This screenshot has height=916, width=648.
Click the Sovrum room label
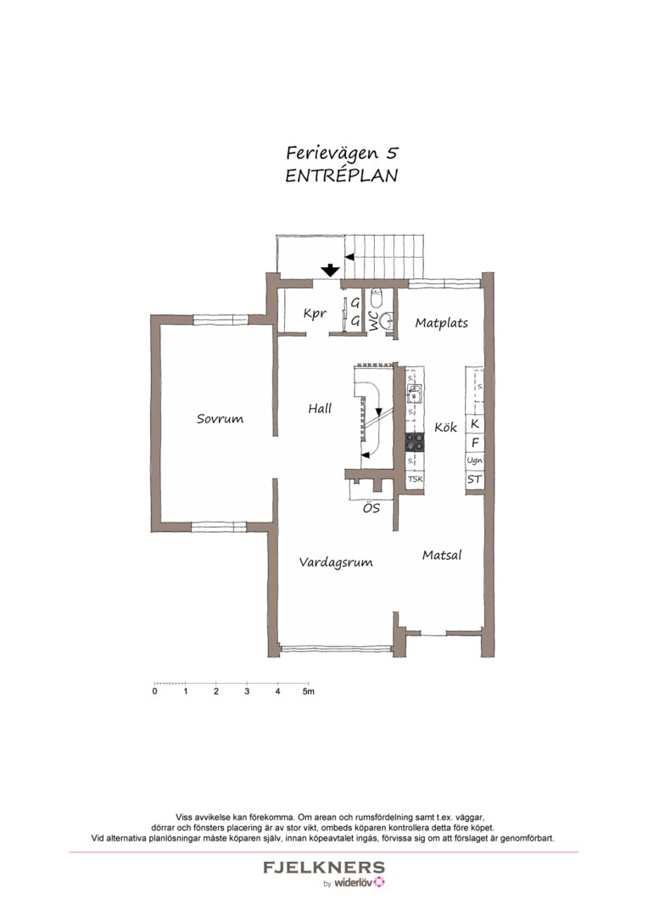pos(220,419)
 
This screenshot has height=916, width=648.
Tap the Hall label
pos(320,409)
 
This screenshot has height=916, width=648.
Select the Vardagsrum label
pos(336,561)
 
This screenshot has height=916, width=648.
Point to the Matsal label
pos(442,556)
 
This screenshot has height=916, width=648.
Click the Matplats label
pos(441,323)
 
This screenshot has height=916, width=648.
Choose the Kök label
pos(446,427)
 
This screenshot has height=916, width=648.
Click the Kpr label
pos(315,314)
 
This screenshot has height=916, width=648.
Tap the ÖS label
pos(371,509)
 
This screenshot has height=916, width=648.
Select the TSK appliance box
pos(415,480)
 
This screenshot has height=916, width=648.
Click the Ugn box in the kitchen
pos(474,461)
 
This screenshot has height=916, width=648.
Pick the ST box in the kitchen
pos(474,480)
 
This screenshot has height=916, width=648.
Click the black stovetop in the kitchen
pos(415,442)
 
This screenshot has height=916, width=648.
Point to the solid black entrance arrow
pos(329,271)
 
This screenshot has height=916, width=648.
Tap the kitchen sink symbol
pos(415,393)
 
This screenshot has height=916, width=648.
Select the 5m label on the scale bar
pos(309,692)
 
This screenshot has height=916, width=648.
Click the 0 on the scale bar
pos(154,692)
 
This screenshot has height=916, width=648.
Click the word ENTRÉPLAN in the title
pos(342,176)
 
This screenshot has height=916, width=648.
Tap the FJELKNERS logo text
pos(323,868)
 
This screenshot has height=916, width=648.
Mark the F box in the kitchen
pos(474,442)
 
